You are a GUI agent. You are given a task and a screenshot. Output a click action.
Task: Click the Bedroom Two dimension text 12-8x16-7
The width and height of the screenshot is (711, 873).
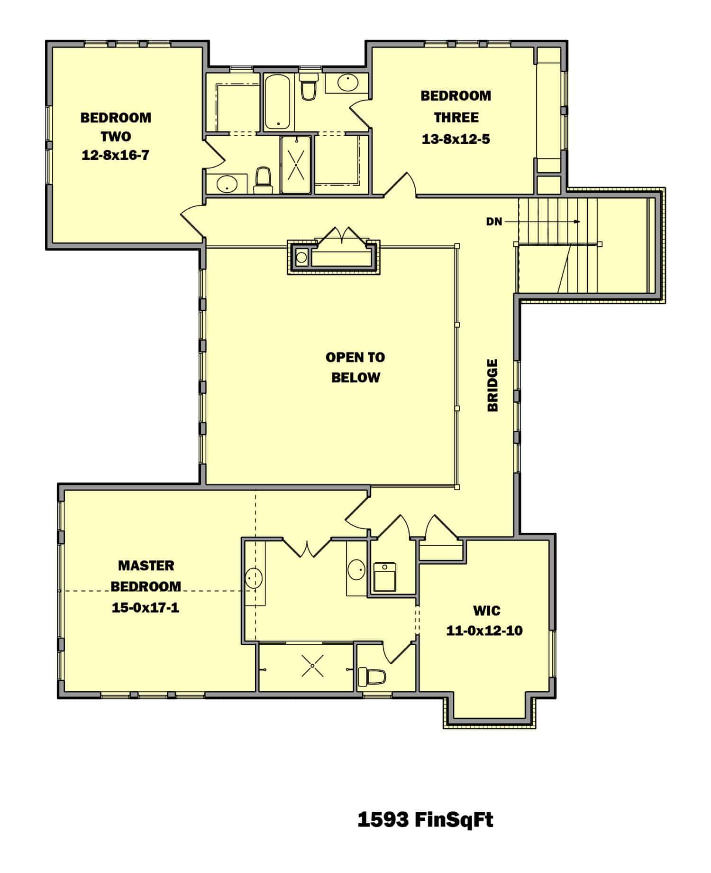pos(115,155)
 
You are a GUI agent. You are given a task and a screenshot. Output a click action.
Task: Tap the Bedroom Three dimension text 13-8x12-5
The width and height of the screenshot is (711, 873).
pos(456,139)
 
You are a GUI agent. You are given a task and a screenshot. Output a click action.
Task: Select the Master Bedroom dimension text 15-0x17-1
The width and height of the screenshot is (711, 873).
pos(146,607)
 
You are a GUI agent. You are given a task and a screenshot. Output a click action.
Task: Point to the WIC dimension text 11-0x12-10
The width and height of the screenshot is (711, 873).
pos(484,631)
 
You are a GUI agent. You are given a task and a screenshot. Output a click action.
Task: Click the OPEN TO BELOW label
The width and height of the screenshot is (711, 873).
pos(355,367)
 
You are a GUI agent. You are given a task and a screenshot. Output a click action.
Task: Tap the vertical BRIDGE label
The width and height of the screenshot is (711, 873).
pos(493,385)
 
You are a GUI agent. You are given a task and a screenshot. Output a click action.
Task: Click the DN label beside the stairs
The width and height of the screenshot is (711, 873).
pos(494,222)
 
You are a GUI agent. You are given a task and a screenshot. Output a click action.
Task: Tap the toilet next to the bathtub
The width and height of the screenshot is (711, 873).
pos(309,87)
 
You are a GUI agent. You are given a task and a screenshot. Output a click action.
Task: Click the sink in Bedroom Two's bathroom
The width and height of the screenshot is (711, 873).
pos(227,184)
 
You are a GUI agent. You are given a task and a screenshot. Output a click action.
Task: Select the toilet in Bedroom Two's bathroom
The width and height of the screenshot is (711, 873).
pos(263,180)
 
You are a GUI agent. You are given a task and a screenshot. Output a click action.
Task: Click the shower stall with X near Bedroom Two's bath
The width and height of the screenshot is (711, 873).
pos(296,165)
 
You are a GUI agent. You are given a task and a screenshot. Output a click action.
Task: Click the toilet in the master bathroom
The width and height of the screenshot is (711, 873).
pos(372,677)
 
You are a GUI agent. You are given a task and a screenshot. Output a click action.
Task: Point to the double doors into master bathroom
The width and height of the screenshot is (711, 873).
pos(308,548)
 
